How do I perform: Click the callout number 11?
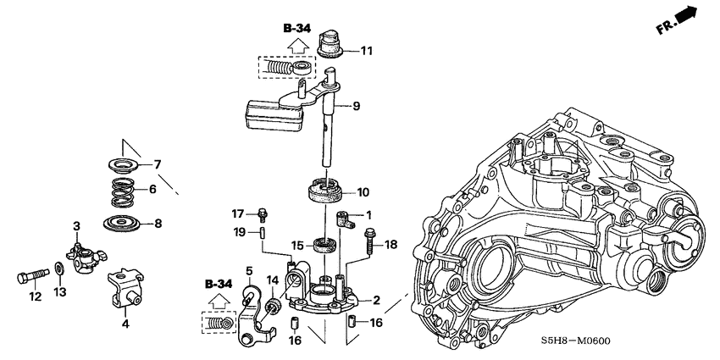coord(366,51)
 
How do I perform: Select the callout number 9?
coord(357,106)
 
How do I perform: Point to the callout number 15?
coord(296,246)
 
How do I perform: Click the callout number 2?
coord(375,299)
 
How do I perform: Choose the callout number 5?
coord(250,270)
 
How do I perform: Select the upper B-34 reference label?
coord(297,28)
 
